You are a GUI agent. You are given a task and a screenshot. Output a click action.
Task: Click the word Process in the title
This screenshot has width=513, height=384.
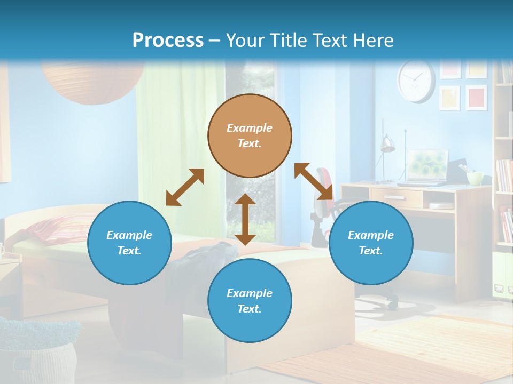point(168,41)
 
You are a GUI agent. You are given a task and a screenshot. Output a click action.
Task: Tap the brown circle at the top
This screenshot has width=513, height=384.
point(250,135)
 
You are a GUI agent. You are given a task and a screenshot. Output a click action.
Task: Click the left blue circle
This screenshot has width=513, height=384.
point(129,243)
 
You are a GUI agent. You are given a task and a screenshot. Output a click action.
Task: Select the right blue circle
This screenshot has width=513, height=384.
point(371,243)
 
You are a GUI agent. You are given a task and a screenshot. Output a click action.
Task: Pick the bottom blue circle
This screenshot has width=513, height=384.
point(250,301)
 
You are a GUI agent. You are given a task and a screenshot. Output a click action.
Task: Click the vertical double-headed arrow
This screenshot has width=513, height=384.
point(245,219)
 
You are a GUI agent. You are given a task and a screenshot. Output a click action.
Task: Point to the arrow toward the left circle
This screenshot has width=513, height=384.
point(185,187)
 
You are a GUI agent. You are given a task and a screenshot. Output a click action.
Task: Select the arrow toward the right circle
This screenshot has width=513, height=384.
point(314,181)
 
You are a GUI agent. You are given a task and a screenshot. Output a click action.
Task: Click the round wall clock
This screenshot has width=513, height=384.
point(416,81)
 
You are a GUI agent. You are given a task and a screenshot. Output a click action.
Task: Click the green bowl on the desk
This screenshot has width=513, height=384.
point(475,178)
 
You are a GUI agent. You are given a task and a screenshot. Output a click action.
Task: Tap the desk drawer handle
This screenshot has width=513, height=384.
point(394,198)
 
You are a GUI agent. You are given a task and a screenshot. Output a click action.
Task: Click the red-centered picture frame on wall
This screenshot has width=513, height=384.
point(476,97)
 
